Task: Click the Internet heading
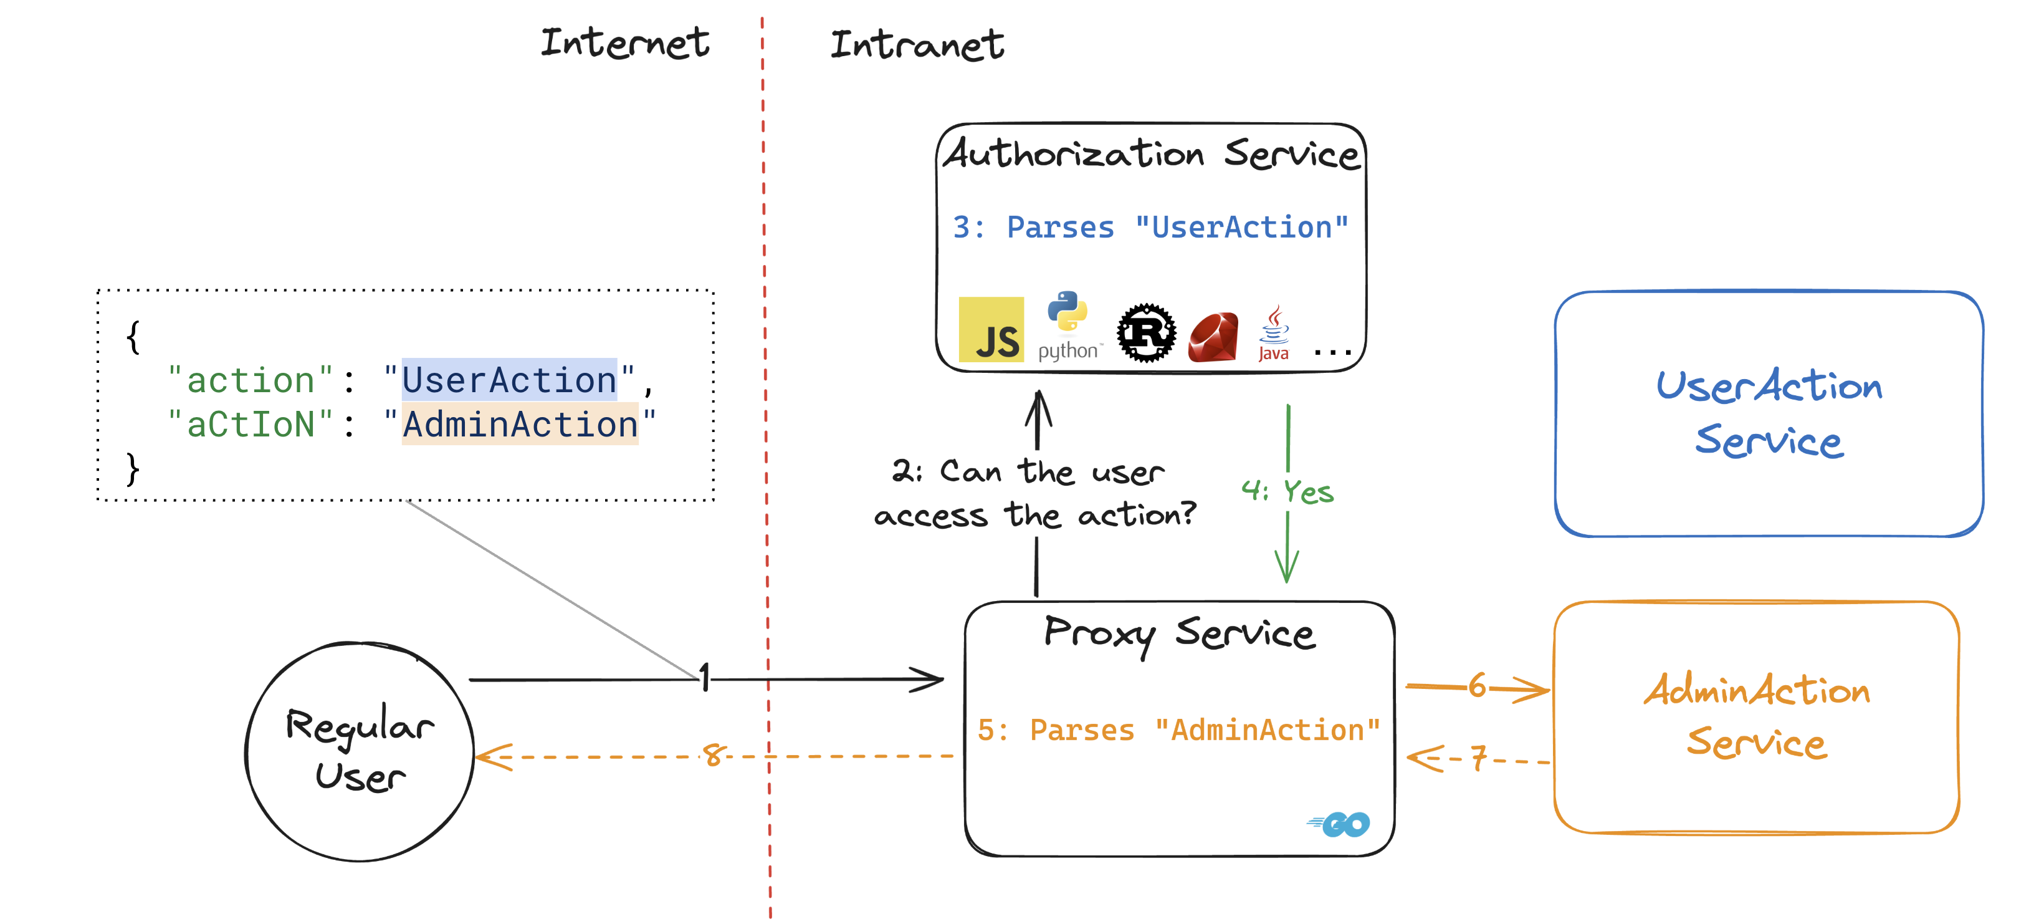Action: coord(624,43)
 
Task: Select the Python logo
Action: coord(1068,325)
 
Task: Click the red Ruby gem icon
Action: coord(1213,337)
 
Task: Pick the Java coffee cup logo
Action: coord(1274,334)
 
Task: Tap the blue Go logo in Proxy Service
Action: coord(1339,825)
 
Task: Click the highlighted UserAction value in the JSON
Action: coord(509,380)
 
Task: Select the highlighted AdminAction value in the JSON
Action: coord(520,424)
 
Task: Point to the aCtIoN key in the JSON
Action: coord(250,424)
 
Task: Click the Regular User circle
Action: coord(360,751)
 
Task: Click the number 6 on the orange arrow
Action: coord(1477,685)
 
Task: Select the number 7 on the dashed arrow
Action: coord(1478,758)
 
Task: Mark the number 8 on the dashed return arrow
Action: coord(712,754)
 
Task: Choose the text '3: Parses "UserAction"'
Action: coord(1150,227)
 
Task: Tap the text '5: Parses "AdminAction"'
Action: coord(1178,729)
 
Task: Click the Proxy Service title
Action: coord(1179,633)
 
